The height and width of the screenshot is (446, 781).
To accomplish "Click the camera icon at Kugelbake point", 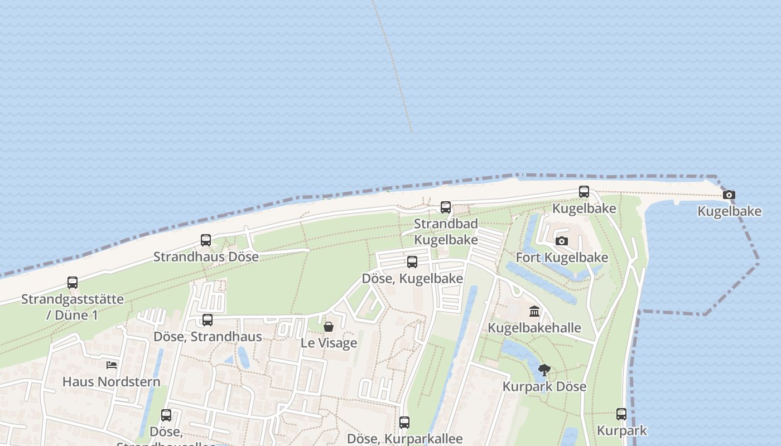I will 729,195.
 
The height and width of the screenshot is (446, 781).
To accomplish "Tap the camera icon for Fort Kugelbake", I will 562,241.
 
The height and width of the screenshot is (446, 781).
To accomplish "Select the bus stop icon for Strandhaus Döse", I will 206,240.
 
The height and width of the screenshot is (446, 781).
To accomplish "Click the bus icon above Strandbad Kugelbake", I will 446,207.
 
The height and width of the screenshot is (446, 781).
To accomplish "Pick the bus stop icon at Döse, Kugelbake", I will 412,262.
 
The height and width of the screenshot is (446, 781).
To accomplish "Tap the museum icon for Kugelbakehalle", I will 534,311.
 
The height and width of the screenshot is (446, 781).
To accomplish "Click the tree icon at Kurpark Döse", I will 544,370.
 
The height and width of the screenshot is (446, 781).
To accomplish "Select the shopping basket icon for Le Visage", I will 329,327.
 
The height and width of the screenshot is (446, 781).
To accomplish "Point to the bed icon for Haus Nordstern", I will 112,365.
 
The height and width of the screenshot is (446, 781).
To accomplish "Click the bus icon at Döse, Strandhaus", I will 208,320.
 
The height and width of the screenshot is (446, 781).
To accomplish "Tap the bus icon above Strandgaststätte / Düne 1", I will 73,283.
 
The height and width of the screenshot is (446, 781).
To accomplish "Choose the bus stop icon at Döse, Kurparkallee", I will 404,423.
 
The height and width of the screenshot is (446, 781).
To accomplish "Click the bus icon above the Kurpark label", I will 621,414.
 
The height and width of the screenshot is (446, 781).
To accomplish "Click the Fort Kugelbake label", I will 562,258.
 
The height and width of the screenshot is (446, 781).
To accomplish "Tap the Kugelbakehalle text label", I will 534,328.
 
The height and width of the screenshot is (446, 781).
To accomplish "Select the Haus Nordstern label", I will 112,382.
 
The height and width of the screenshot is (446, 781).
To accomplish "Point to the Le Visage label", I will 329,343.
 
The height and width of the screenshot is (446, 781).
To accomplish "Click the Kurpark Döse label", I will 544,386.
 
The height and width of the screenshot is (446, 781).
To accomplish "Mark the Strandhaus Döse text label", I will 206,257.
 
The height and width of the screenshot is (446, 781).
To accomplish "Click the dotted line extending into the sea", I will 393,67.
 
